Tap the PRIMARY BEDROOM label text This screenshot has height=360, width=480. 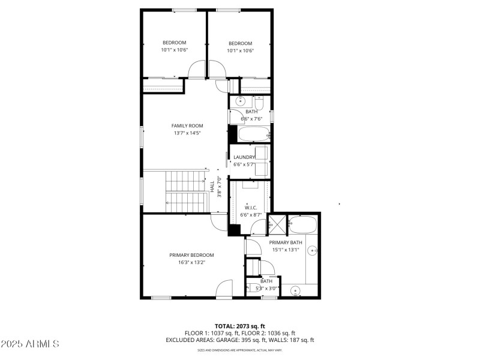pos(191,255)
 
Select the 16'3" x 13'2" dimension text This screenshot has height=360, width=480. pos(191,262)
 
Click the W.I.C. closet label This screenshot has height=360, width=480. pos(251,208)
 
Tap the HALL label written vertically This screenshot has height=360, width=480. pos(212,187)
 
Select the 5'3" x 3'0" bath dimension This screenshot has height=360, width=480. pos(266,289)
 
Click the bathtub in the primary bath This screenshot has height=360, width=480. pos(302,226)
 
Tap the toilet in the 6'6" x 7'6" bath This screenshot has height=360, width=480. pos(259,101)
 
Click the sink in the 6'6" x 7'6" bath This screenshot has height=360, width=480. pos(240,101)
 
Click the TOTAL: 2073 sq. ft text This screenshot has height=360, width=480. pos(240,326)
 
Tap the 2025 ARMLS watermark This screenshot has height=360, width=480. pos(30,344)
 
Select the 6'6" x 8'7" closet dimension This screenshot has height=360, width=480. pos(251,215)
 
